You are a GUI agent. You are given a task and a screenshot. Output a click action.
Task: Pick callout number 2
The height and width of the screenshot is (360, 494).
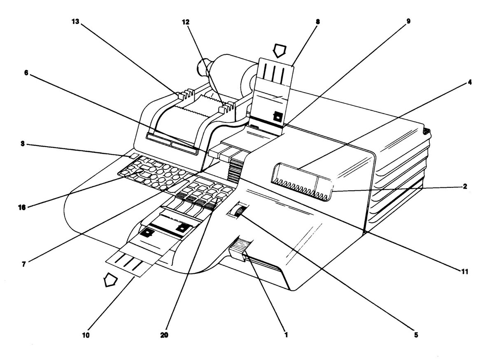(464, 186)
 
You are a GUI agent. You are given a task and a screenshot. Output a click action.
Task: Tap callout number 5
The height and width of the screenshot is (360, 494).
(416, 335)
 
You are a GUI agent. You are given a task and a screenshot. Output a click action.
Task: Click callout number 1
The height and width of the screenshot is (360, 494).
(286, 335)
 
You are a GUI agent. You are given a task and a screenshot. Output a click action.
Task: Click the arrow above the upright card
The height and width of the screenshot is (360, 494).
(281, 51)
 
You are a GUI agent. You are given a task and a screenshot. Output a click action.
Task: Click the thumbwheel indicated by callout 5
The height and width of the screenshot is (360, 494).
(238, 211)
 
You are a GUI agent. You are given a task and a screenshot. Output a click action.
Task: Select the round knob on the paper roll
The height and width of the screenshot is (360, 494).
(203, 66)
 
